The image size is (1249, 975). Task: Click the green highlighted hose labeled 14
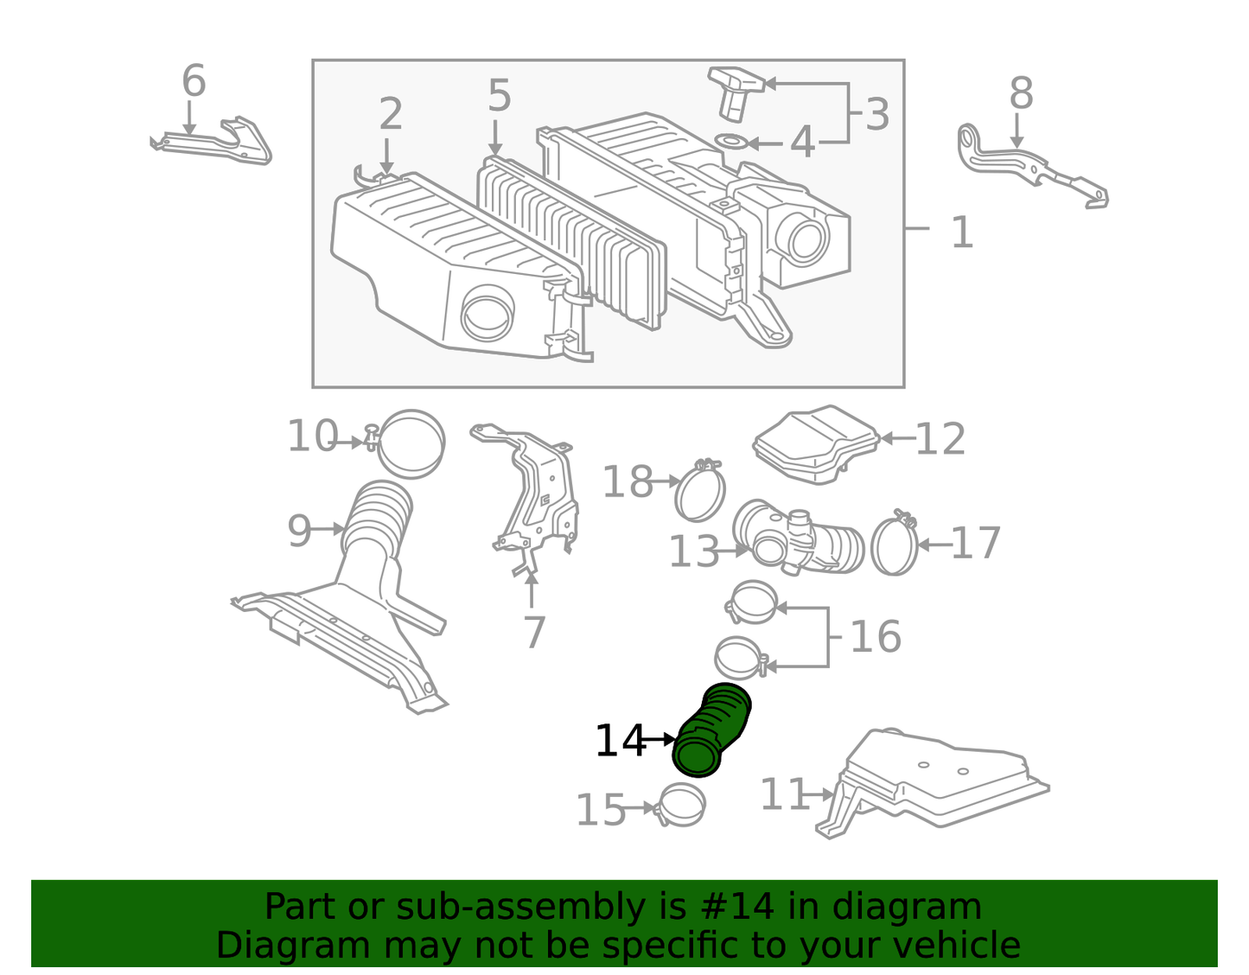[711, 730]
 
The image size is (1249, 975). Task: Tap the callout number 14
[621, 740]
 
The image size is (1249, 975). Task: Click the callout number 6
[194, 80]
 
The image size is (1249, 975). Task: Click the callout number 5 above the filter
[499, 96]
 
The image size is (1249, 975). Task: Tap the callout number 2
[391, 114]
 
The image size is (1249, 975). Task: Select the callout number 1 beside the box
[963, 233]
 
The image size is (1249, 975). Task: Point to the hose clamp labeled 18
[699, 489]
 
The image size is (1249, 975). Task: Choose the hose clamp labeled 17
[895, 543]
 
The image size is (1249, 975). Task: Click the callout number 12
[940, 439]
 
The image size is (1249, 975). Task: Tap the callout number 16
[876, 636]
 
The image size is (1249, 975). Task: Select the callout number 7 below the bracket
[534, 633]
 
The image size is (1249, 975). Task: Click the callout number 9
[299, 531]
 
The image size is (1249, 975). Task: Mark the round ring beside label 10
[411, 443]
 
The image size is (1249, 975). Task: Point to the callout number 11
[785, 794]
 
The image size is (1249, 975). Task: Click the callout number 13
[694, 551]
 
